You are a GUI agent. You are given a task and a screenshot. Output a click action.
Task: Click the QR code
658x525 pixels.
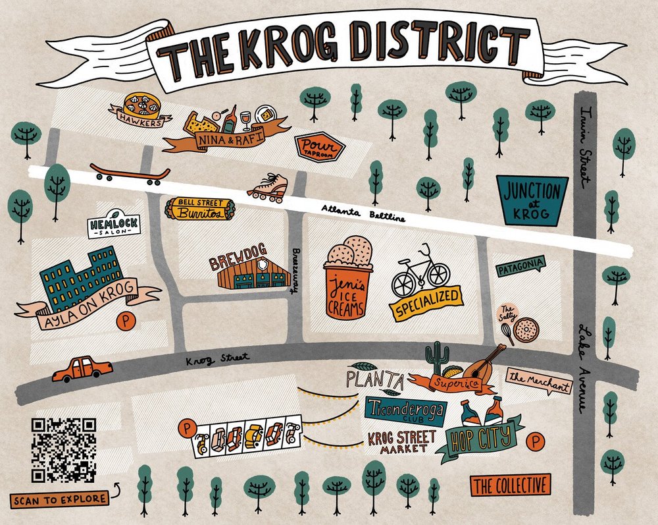pyautogui.click(x=63, y=449)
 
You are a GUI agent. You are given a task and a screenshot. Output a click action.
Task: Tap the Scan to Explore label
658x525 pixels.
pyautogui.click(x=59, y=499)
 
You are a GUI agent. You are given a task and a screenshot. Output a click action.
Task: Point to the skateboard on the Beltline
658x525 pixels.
pyautogui.click(x=130, y=173)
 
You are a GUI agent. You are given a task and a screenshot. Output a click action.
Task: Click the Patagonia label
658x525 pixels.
pyautogui.click(x=520, y=267)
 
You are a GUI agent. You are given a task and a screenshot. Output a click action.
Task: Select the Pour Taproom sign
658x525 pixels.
pyautogui.click(x=319, y=148)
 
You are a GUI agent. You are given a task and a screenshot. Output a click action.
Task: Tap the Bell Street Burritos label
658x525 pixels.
pyautogui.click(x=198, y=208)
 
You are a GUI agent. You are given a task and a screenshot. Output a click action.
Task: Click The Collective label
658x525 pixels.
pyautogui.click(x=511, y=486)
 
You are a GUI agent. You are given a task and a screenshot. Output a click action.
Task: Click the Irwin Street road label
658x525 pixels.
pyautogui.click(x=583, y=143)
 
